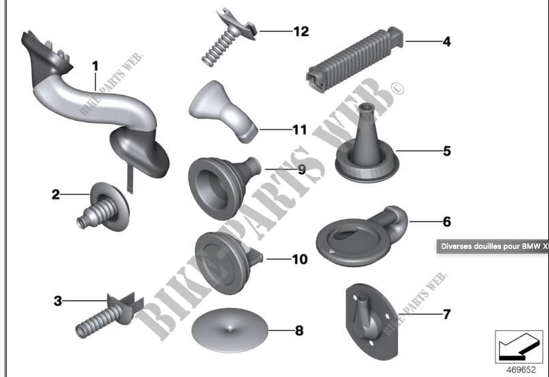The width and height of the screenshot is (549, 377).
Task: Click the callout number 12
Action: click(x=301, y=32)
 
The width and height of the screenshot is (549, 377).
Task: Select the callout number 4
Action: click(x=446, y=42)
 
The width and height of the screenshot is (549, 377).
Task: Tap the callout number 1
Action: click(x=95, y=66)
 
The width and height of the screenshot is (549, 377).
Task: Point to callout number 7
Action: click(x=446, y=314)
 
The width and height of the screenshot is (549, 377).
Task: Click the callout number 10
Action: click(x=300, y=259)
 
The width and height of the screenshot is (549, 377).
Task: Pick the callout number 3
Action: click(x=58, y=301)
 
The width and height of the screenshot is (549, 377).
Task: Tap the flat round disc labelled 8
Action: click(x=229, y=330)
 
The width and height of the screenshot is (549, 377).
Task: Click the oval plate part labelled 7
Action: click(x=372, y=322)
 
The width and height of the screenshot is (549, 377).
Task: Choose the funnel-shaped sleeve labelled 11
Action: click(x=223, y=111)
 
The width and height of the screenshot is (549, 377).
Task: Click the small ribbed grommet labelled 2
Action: click(x=104, y=207)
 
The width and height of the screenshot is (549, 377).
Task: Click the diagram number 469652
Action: click(x=521, y=370)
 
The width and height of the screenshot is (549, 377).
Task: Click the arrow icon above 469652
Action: click(x=519, y=346)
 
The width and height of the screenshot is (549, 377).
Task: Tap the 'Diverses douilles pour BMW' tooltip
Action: click(x=493, y=246)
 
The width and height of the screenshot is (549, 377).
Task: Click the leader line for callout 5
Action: click(x=418, y=151)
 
